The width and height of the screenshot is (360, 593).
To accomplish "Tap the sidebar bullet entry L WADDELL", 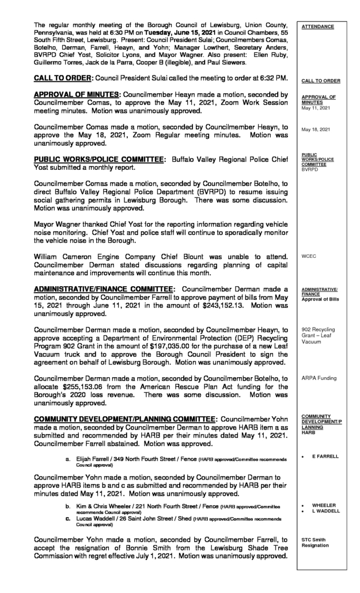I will point(327,511).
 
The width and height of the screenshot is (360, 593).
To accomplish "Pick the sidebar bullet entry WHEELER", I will point(324,505).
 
